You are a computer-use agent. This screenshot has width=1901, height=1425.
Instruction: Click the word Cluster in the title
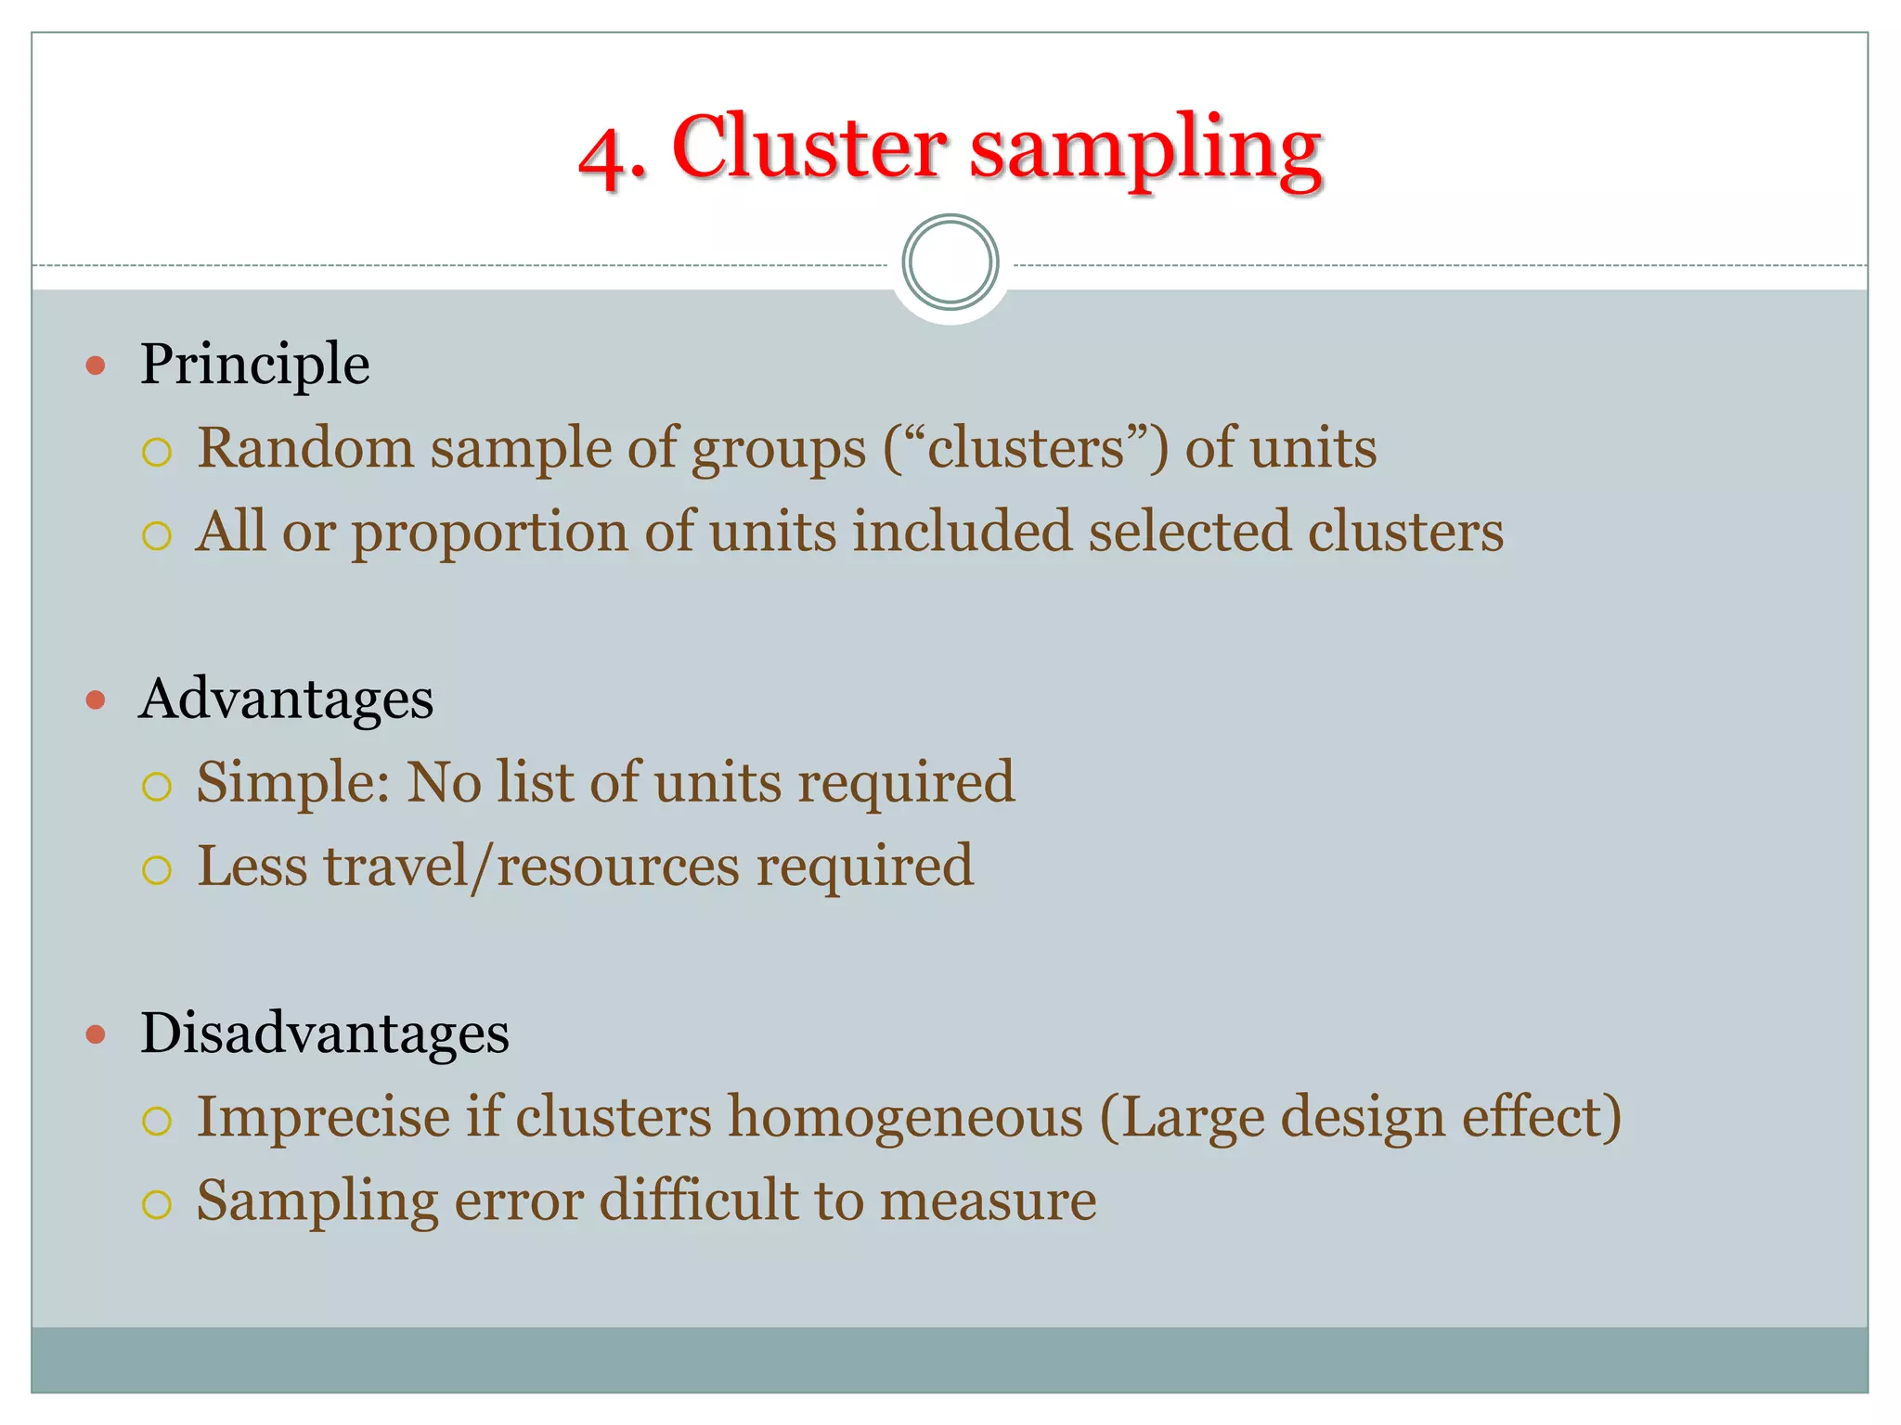(808, 148)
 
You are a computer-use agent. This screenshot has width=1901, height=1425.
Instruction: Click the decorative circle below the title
(950, 263)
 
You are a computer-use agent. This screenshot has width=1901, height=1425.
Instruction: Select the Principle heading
(254, 364)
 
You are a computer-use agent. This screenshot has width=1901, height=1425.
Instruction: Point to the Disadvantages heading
(324, 1033)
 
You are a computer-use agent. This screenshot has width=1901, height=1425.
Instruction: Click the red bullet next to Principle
(96, 366)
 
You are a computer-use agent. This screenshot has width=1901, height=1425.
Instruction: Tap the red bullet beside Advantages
(96, 700)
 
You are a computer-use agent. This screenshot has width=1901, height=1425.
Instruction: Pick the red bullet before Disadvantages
(96, 1033)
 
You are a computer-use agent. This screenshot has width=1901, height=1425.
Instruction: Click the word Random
(305, 448)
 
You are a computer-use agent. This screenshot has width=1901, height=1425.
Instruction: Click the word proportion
(490, 533)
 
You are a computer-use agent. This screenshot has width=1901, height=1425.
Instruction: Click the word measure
(988, 1200)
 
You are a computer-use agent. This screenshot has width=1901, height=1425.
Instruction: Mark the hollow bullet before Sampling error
(157, 1204)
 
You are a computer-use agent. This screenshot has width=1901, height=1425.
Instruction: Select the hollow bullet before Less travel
(157, 870)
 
